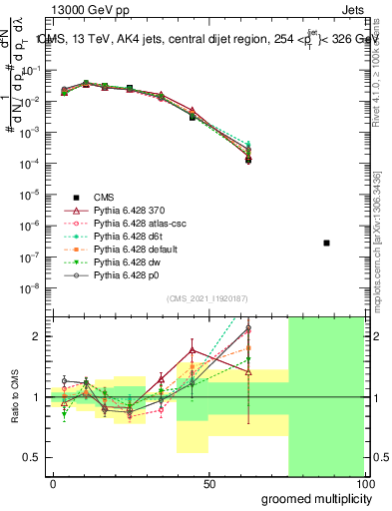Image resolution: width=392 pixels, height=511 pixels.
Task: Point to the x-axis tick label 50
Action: pos(209,484)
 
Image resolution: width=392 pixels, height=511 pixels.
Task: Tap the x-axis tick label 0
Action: pos(53,484)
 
